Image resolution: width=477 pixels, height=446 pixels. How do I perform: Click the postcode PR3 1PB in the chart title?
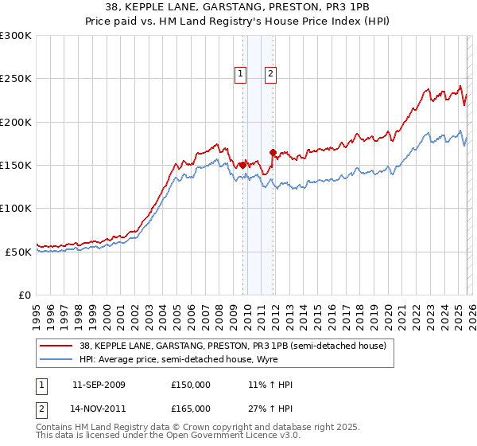click(350, 6)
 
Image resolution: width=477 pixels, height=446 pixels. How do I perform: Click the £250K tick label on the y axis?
click(16, 79)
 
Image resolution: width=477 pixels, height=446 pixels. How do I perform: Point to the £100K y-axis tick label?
click(16, 208)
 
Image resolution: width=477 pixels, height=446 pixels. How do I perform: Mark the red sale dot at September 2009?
click(242, 165)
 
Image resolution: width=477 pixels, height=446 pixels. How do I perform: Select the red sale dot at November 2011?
click(273, 152)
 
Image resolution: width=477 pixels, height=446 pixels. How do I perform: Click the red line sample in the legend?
click(56, 346)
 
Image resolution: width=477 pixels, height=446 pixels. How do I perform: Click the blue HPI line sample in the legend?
click(56, 358)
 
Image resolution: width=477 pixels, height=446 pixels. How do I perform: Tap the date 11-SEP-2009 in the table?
click(99, 385)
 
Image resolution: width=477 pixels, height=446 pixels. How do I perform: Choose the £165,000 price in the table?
click(191, 408)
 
